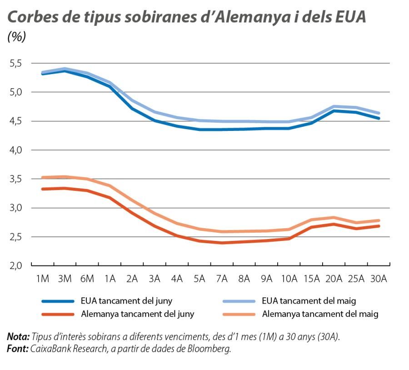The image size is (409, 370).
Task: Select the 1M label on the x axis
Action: (43, 279)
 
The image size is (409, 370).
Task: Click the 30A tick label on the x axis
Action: (378, 279)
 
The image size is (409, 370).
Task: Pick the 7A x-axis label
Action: (222, 279)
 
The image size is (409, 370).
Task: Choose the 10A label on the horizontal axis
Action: (289, 279)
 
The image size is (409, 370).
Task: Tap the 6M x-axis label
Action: (87, 279)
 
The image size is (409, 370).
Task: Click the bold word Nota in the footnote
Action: (17, 337)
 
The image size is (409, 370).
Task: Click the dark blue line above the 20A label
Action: (334, 110)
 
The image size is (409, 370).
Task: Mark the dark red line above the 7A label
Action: (222, 243)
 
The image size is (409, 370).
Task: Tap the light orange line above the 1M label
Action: (43, 177)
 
